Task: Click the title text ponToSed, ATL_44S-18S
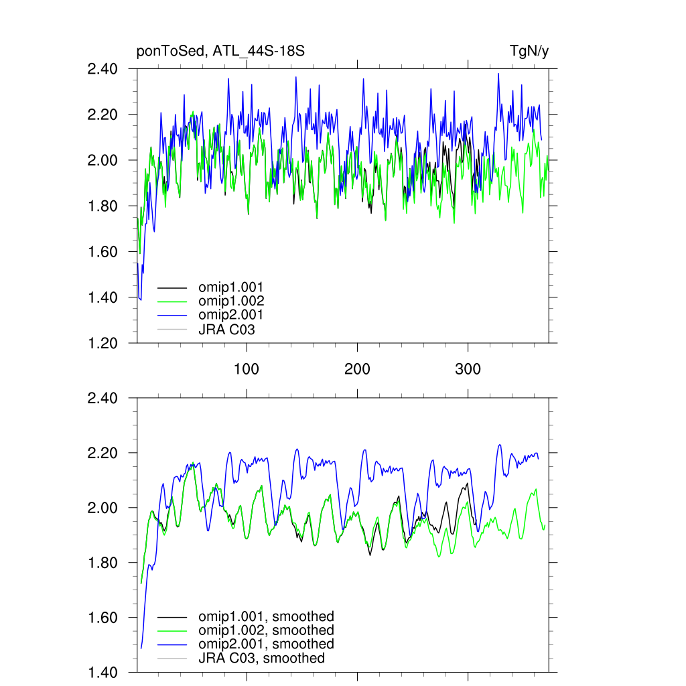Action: point(220,52)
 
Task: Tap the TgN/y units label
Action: point(529,52)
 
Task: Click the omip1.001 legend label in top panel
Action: point(230,287)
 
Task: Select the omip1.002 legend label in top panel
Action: point(230,301)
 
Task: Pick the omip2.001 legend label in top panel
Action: point(230,315)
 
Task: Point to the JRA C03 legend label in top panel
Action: point(226,329)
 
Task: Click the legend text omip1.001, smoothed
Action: point(266,616)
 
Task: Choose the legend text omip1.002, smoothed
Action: point(266,630)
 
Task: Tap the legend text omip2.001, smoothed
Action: point(266,644)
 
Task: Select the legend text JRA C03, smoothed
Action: point(261,658)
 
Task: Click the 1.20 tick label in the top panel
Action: point(102,343)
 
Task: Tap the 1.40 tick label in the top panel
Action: point(102,297)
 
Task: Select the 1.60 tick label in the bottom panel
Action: point(102,618)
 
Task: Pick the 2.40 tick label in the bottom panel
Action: point(102,399)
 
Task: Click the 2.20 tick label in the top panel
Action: point(102,115)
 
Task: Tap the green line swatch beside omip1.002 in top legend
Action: point(171,301)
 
